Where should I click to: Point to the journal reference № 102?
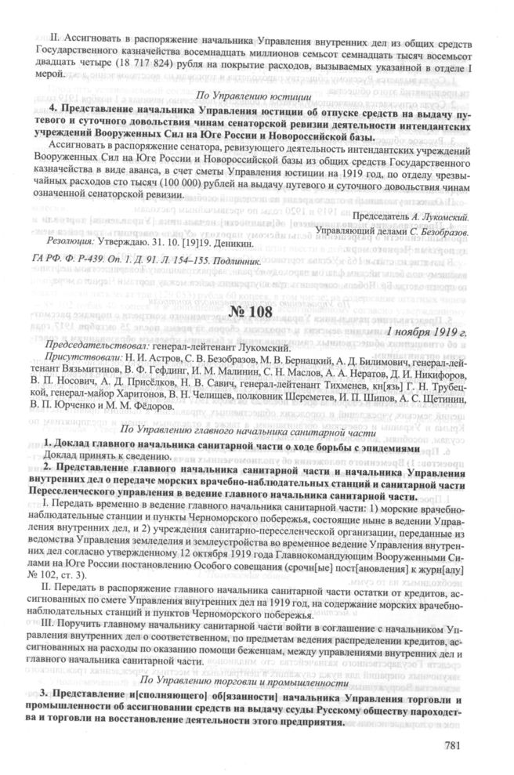(52, 577)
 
